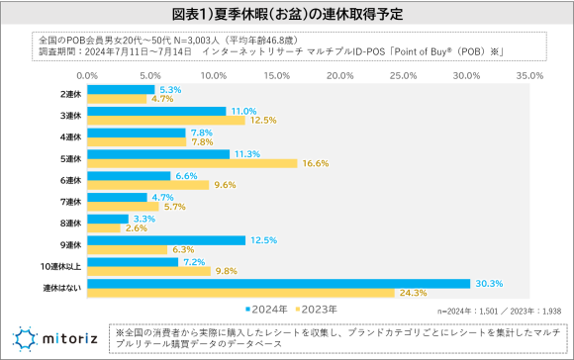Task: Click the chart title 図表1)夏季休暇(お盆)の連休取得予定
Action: point(287,15)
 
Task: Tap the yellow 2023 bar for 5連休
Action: point(192,162)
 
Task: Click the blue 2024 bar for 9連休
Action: point(166,240)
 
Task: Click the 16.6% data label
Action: point(315,162)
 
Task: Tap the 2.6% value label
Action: point(137,227)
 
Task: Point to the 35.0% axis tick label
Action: point(529,74)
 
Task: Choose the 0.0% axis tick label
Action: point(87,74)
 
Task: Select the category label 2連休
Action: point(70,94)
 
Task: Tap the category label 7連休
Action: point(70,202)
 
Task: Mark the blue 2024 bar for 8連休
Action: point(108,219)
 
